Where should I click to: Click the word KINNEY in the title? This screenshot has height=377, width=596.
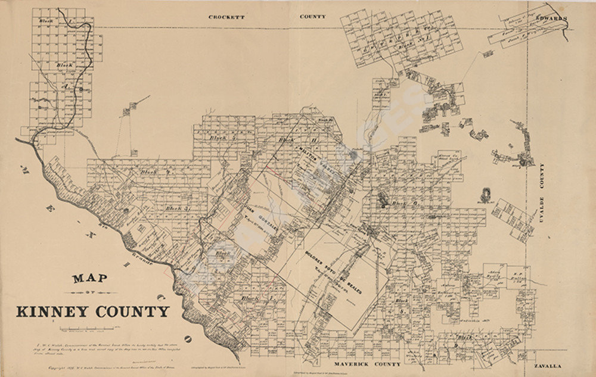coord(57,311)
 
